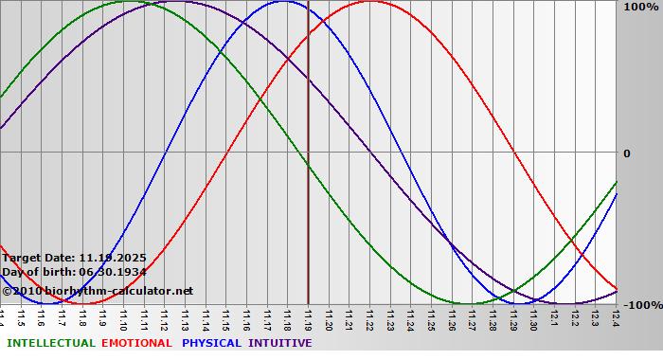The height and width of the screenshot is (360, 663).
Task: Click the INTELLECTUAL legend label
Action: [50, 343]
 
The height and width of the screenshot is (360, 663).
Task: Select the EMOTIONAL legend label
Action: [136, 343]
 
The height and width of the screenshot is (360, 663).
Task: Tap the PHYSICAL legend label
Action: [213, 343]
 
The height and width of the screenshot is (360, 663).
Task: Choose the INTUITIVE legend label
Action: [280, 343]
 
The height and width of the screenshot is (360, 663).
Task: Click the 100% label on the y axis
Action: [640, 8]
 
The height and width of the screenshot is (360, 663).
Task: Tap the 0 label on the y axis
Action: [626, 153]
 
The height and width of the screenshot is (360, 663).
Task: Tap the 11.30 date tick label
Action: [534, 318]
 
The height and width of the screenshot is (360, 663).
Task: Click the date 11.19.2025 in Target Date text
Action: [112, 258]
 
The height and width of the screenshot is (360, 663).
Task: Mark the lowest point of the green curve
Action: [471, 304]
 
